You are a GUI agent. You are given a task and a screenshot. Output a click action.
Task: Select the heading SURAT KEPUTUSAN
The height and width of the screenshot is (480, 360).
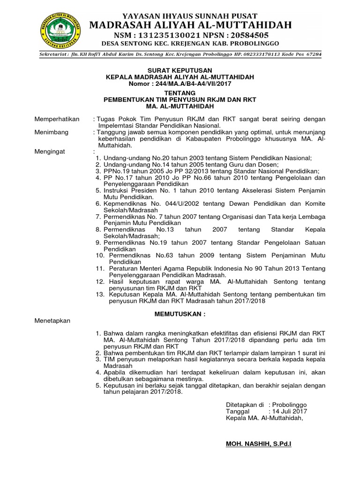pos(180,70)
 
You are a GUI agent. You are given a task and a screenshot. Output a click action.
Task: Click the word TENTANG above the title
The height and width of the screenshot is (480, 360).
pos(180,93)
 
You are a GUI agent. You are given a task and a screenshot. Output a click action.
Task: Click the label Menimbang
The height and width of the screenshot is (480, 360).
pos(52,133)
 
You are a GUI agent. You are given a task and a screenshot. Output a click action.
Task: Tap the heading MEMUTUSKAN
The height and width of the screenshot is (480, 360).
pos(180,313)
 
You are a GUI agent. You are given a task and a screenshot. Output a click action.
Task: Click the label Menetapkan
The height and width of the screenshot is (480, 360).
pos(52,321)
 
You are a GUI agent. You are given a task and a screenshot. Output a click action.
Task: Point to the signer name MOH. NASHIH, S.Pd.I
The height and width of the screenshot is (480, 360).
pos(258,443)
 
